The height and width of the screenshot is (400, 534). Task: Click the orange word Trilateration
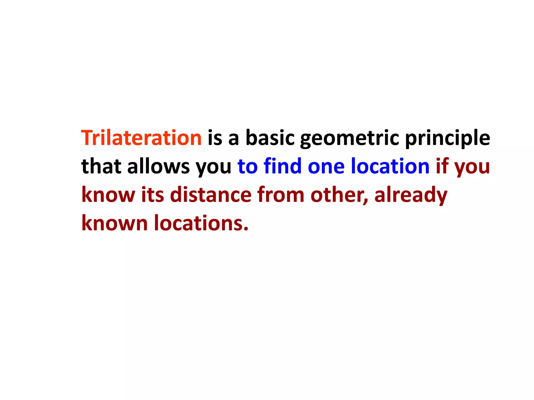(x=141, y=138)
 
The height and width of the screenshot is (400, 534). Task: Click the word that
(x=101, y=166)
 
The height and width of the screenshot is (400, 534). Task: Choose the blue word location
(x=390, y=166)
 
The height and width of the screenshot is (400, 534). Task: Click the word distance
(x=211, y=195)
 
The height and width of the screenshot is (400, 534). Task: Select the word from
(x=281, y=195)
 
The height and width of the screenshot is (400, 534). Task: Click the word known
(x=114, y=223)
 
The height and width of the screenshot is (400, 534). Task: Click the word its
(x=153, y=195)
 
